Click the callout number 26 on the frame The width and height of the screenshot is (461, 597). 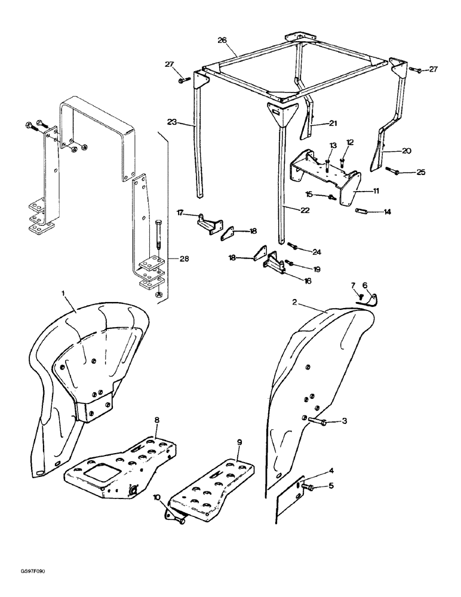pyautogui.click(x=222, y=41)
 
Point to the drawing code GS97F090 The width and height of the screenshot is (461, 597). pyautogui.click(x=29, y=571)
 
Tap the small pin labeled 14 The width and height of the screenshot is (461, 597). pyautogui.click(x=362, y=211)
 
